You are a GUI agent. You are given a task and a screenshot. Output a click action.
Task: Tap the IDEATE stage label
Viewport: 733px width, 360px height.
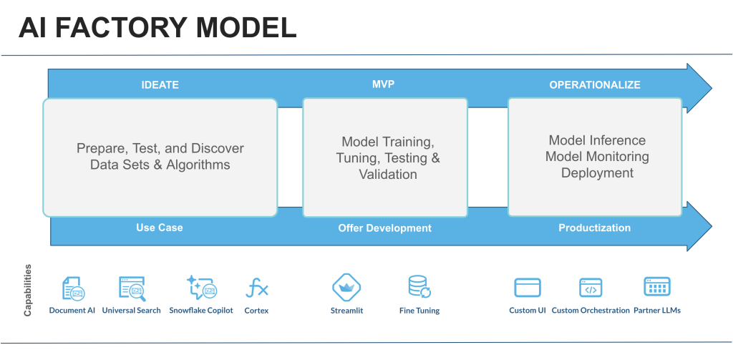pos(160,85)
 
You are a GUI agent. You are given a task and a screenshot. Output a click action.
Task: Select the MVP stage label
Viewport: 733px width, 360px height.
pos(384,84)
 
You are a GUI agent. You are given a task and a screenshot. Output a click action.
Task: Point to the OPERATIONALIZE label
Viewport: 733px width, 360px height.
pos(595,85)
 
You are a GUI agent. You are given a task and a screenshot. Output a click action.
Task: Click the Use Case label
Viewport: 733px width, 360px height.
pos(160,228)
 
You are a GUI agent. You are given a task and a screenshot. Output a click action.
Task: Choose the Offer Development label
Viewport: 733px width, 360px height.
pos(384,228)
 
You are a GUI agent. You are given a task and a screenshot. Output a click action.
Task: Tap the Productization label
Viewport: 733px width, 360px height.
pos(595,228)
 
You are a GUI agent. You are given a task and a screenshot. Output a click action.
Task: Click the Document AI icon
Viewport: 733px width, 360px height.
pos(74,288)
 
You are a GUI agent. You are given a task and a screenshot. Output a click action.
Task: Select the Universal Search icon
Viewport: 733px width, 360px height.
pos(132,288)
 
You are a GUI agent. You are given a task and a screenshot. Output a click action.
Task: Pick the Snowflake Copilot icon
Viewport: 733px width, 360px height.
pos(201,288)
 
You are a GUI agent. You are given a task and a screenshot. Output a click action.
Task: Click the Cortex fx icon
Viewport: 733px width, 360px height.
pos(257,288)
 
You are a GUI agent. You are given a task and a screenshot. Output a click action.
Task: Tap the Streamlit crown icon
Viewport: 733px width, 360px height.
pos(346,287)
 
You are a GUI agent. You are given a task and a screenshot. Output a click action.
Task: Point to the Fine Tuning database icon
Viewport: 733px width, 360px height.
pos(419,286)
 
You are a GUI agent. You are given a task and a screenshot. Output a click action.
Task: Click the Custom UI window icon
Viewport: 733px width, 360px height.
pos(528,288)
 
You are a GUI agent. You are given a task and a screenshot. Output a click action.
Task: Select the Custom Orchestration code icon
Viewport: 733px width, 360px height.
pos(591,288)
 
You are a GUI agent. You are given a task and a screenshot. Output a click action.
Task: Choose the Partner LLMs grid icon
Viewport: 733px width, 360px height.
pos(657,286)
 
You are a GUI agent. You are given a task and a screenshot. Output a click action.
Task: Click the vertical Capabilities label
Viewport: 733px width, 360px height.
pos(28,291)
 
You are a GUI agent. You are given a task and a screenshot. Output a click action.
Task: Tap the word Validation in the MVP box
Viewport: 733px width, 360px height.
pos(388,175)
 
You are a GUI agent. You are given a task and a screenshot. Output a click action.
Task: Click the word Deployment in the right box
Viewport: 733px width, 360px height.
pos(598,173)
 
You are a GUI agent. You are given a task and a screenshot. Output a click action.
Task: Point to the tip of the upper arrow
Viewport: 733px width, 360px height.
pos(712,88)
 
